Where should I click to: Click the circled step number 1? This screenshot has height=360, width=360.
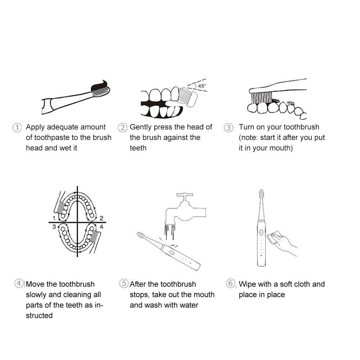click(17, 127)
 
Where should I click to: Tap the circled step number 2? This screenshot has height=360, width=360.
click(122, 127)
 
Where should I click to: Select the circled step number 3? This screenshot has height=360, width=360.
click(228, 127)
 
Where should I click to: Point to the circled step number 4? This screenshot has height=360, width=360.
click(19, 283)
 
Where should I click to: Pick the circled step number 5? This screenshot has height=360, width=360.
click(124, 283)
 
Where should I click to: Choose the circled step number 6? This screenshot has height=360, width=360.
click(231, 283)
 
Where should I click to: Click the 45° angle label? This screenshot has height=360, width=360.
click(202, 86)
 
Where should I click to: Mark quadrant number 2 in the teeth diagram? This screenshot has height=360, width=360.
click(101, 218)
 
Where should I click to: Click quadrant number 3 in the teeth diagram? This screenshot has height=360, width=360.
click(54, 227)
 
